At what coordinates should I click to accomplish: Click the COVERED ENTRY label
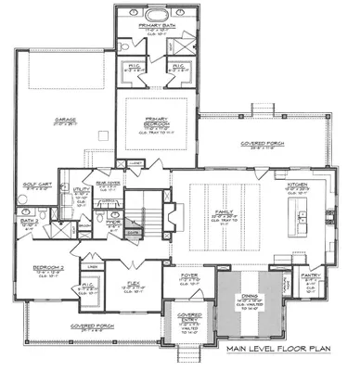pyautogui.click(x=190, y=316)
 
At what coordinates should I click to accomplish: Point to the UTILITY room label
pyautogui.click(x=79, y=190)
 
